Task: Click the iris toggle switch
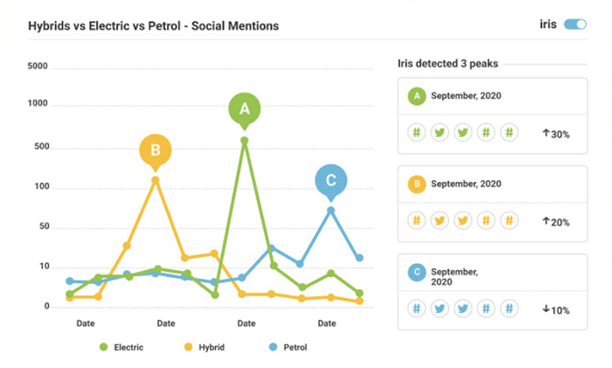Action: pyautogui.click(x=574, y=24)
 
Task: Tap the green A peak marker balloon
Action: pyautogui.click(x=244, y=108)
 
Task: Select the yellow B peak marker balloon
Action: pyautogui.click(x=156, y=149)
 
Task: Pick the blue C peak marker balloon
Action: pyautogui.click(x=330, y=181)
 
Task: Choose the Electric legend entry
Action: pyautogui.click(x=122, y=347)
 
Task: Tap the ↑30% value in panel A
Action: pyautogui.click(x=555, y=134)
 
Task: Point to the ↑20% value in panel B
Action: pyautogui.click(x=555, y=222)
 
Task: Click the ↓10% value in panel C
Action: pyautogui.click(x=555, y=309)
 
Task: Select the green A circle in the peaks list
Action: pyautogui.click(x=417, y=94)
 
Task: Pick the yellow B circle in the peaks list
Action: pyautogui.click(x=417, y=184)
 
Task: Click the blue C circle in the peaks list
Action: pyautogui.click(x=417, y=273)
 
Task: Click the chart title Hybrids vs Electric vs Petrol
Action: pyautogui.click(x=153, y=26)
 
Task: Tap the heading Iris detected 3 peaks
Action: pyautogui.click(x=448, y=64)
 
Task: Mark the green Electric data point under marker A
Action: pyautogui.click(x=244, y=140)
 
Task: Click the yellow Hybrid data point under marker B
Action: pyautogui.click(x=156, y=180)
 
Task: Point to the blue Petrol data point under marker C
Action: pyautogui.click(x=330, y=210)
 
